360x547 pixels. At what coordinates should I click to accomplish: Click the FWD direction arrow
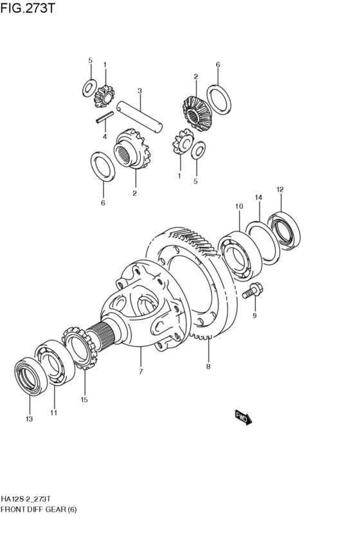244,417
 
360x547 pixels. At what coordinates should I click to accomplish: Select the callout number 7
141,372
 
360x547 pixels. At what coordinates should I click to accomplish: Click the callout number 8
208,366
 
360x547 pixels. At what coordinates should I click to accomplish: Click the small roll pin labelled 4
105,117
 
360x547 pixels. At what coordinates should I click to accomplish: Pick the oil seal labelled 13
31,377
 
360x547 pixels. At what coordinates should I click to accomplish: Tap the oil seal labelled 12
284,231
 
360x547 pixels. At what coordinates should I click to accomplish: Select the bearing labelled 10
240,255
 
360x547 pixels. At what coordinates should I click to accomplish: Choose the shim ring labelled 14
263,243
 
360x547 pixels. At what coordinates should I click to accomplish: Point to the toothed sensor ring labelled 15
80,348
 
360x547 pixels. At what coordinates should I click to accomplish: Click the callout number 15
84,400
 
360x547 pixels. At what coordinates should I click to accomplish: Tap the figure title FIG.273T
28,7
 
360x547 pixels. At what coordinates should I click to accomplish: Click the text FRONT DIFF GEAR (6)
39,510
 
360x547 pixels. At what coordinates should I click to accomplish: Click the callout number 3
139,91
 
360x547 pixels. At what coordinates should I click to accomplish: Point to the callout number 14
258,198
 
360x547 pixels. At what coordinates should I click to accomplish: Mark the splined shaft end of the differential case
101,336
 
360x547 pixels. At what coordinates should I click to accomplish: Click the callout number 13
29,419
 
